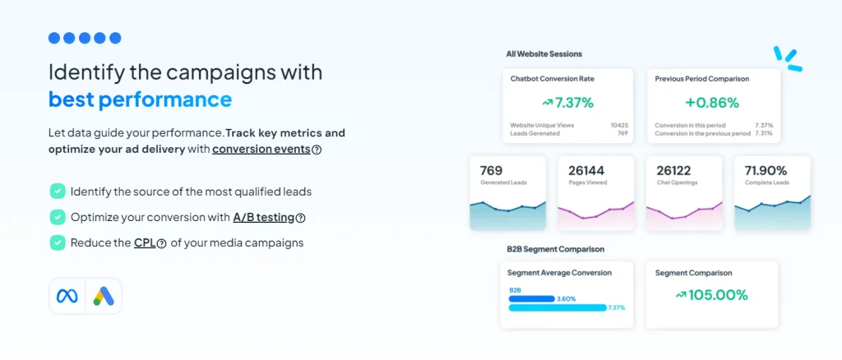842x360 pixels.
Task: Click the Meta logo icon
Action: point(67,296)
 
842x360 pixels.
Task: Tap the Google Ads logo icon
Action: point(103,296)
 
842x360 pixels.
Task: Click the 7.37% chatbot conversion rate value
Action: point(567,103)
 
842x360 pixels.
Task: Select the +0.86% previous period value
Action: point(712,103)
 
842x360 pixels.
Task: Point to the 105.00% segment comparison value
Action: point(711,294)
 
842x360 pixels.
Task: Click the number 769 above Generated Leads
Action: point(491,171)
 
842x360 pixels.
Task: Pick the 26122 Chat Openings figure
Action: point(674,171)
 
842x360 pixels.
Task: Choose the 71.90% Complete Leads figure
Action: point(766,171)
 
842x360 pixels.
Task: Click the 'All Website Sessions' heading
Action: point(544,54)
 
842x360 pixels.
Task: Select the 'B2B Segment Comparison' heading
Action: point(555,248)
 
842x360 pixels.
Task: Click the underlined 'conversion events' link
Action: point(261,150)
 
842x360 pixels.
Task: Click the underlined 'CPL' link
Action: point(144,242)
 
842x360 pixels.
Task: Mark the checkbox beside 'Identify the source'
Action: point(57,192)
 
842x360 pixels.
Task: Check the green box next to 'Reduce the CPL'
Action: point(57,242)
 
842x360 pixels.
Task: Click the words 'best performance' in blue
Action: point(140,100)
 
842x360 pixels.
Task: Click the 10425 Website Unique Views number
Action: point(619,125)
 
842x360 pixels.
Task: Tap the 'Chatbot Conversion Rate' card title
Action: point(552,79)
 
